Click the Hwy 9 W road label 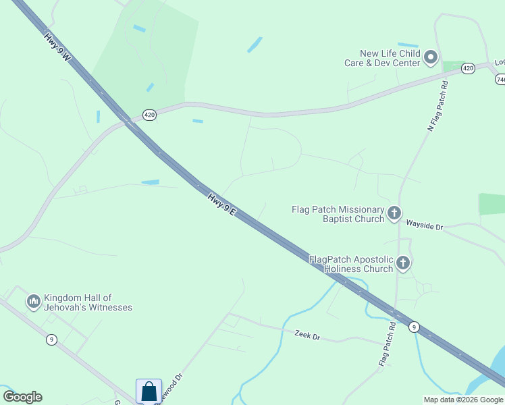[x=58, y=48]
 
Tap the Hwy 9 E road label [x=221, y=205]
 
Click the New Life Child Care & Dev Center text [x=390, y=58]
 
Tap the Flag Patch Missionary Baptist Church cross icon [x=394, y=214]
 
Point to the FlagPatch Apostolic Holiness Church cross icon [x=403, y=263]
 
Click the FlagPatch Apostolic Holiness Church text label [x=351, y=263]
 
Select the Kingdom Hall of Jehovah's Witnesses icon [x=34, y=302]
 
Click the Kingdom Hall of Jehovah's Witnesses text [x=88, y=302]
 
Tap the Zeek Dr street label [x=307, y=335]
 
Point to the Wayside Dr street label [x=424, y=225]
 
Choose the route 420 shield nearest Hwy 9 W [x=149, y=115]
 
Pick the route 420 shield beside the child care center [x=468, y=68]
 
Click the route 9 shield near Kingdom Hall [x=51, y=340]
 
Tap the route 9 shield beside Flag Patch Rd [x=415, y=327]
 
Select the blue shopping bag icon [x=149, y=391]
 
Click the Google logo [x=22, y=397]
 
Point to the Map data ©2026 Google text [x=463, y=400]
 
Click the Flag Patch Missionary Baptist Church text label [x=338, y=214]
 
